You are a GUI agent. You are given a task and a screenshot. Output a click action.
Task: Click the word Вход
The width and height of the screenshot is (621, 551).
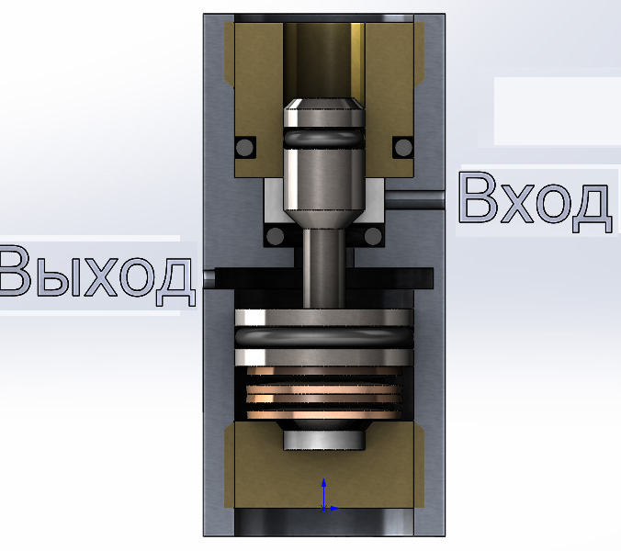tap(536, 202)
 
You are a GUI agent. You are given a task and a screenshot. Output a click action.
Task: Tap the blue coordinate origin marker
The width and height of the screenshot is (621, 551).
tap(324, 508)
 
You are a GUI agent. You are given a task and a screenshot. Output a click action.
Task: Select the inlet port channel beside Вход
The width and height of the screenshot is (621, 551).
tap(414, 199)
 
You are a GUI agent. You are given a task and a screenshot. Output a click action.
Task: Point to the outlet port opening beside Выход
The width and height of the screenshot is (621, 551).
tap(209, 278)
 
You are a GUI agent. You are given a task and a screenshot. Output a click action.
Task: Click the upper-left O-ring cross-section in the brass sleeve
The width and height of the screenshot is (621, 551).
tap(244, 147)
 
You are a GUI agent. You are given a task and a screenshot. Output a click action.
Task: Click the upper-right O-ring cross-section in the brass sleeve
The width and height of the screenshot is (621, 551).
tap(403, 147)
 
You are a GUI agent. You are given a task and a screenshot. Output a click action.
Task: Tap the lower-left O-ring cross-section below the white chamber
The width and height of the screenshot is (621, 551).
tap(276, 237)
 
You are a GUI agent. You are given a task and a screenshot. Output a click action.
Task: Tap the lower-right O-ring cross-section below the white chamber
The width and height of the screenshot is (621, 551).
tap(373, 237)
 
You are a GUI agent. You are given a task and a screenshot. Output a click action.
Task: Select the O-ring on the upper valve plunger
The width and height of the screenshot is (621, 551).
tap(324, 138)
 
